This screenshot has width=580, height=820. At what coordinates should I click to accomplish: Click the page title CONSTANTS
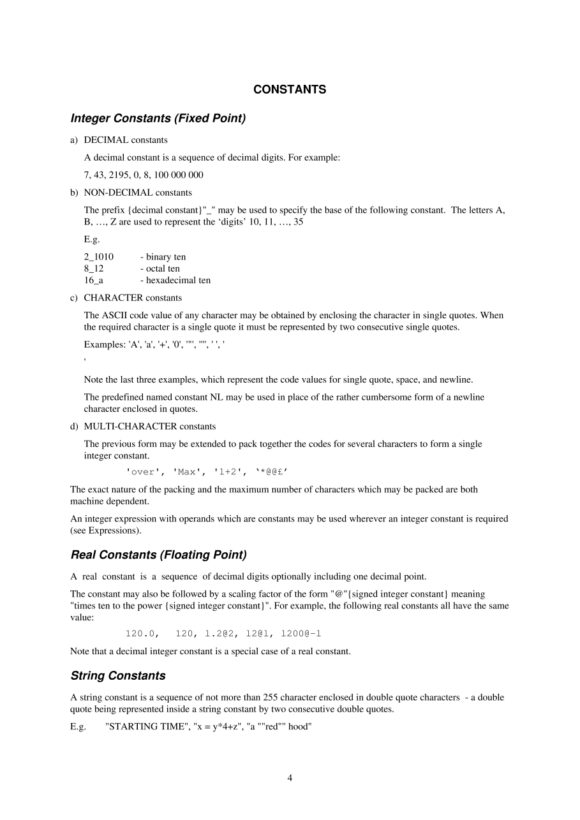[290, 90]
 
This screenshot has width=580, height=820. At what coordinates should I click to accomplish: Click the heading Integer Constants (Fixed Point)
[158, 119]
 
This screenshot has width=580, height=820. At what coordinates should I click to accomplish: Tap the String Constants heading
[118, 676]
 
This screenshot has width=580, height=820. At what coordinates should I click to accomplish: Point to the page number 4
[290, 777]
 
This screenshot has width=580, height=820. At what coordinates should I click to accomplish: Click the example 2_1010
[99, 257]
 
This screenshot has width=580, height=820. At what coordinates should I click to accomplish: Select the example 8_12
[94, 268]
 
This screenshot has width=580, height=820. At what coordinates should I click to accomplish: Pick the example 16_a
[94, 280]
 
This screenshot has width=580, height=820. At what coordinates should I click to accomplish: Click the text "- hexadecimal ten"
[175, 280]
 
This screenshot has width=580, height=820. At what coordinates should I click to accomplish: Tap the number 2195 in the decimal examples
[119, 175]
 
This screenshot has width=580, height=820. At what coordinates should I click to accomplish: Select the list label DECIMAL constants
[126, 140]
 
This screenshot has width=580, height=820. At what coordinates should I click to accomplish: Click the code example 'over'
[141, 472]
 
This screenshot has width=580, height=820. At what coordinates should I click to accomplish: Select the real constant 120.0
[141, 634]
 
